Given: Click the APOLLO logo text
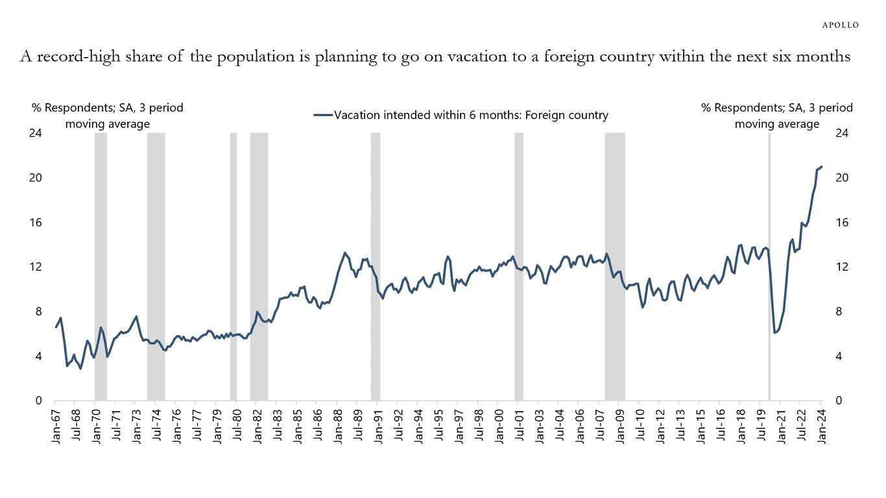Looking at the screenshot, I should [841, 25].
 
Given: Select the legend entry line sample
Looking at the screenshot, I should [322, 116].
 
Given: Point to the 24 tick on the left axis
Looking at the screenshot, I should [36, 133].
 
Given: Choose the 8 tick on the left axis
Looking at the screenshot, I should [38, 312].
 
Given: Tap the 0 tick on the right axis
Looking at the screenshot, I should [840, 401].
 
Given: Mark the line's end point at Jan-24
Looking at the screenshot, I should [822, 167].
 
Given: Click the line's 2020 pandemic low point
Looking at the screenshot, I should [774, 333].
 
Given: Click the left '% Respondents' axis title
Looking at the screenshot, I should [107, 115].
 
